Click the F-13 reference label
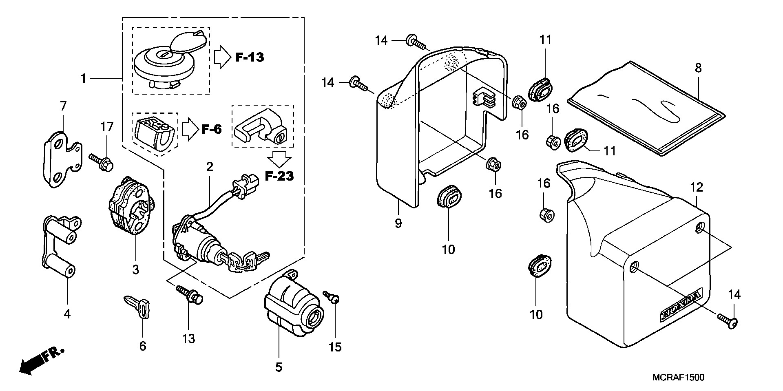coord(250,57)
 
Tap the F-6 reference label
coord(211,130)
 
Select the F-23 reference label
coord(279,176)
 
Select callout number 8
coord(698,68)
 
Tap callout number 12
coord(697,188)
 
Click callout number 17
coord(107,127)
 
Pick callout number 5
coord(279,367)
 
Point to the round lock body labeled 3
coord(130,206)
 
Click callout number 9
coord(398,223)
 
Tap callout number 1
coord(83,78)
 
